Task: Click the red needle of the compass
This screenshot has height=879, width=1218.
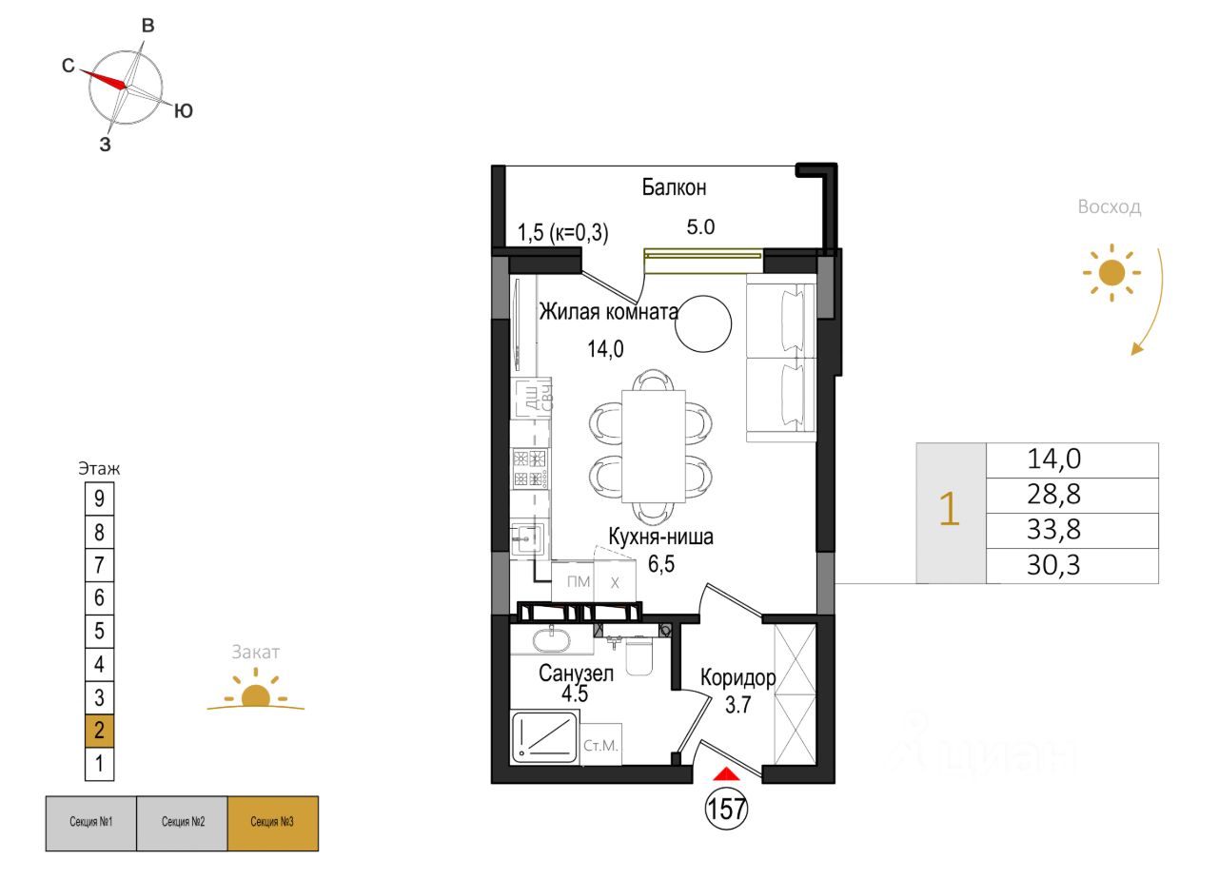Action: [103, 79]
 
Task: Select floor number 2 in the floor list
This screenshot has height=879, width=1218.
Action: [100, 731]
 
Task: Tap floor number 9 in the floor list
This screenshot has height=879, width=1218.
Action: [100, 498]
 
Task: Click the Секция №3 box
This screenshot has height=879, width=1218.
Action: [272, 822]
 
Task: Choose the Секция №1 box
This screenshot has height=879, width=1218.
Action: [91, 822]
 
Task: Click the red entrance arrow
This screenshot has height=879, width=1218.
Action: [726, 774]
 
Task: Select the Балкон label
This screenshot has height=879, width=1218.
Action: [674, 187]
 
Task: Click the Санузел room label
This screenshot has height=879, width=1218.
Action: [576, 674]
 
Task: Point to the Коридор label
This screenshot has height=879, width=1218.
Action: [737, 677]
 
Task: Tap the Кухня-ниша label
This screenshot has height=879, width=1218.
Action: [660, 537]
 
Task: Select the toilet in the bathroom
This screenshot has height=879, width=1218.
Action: [638, 656]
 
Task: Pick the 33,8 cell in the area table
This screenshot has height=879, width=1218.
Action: [1054, 529]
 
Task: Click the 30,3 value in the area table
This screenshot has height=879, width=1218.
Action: [1054, 566]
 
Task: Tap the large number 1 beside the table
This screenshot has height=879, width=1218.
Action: [949, 512]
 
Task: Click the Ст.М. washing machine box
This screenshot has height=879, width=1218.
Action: [600, 746]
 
